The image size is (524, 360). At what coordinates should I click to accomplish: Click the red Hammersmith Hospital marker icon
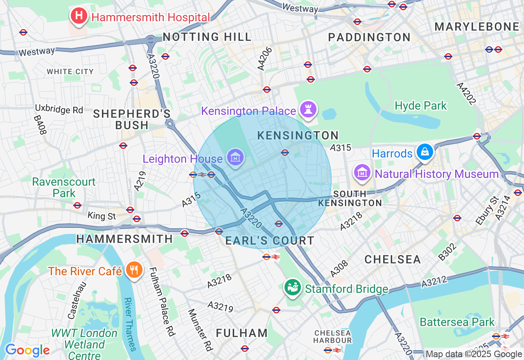(79, 16)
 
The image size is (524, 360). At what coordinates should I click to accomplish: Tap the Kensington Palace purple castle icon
(307, 110)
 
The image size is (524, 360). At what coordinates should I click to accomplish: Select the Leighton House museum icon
(236, 157)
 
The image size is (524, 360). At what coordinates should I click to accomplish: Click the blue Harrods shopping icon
(425, 152)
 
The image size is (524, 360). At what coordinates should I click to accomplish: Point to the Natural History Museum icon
(362, 173)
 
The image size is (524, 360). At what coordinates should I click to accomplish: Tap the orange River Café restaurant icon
(133, 270)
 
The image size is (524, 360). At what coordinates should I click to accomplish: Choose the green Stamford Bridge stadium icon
(293, 288)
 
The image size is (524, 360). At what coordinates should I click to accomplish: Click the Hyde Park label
(421, 106)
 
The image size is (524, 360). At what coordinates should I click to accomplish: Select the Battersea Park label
(457, 322)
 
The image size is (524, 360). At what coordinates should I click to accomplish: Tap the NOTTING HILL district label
(207, 37)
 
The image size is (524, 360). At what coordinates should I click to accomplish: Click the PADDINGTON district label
(369, 37)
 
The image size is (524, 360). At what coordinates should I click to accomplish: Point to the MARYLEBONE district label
(477, 27)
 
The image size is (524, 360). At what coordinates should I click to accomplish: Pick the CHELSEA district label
(393, 259)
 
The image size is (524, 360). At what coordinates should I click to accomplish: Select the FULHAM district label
(242, 333)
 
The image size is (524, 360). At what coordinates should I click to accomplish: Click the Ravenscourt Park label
(64, 187)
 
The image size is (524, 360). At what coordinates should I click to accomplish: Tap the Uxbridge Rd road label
(59, 110)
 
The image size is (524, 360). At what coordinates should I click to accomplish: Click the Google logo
(27, 350)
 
